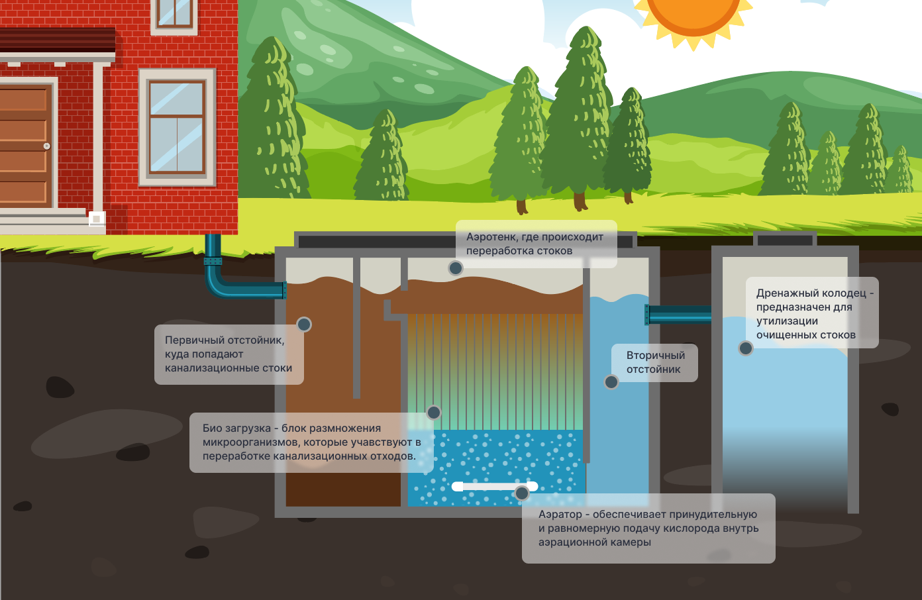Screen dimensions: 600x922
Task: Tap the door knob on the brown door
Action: click(x=46, y=146)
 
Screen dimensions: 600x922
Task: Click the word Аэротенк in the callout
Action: click(x=491, y=237)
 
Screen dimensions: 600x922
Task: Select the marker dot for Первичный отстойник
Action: click(x=304, y=325)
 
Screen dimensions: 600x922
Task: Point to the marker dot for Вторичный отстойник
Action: click(x=611, y=382)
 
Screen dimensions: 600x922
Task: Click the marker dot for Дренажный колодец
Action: click(x=746, y=348)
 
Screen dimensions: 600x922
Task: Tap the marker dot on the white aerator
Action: click(x=522, y=493)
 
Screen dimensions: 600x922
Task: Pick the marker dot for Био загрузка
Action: click(x=434, y=413)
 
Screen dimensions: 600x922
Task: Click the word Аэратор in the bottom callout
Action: click(x=560, y=515)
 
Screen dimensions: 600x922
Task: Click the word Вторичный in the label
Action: click(x=656, y=356)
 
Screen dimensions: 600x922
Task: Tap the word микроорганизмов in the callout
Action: click(x=251, y=442)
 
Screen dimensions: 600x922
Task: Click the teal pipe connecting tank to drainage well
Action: click(x=679, y=315)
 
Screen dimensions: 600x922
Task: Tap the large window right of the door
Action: click(x=176, y=127)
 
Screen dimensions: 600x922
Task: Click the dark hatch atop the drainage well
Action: click(x=785, y=240)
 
